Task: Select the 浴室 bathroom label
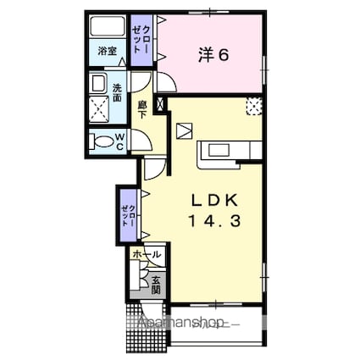(106, 50)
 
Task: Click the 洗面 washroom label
(117, 89)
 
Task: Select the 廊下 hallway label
(141, 107)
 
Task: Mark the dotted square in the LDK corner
(253, 106)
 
